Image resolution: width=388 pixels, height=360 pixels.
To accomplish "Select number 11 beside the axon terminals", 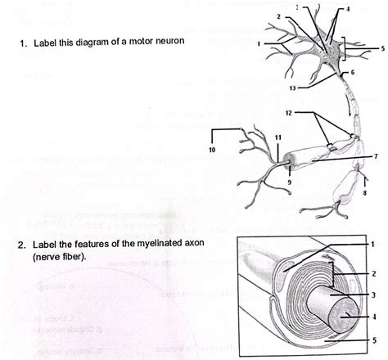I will pyautogui.click(x=278, y=136).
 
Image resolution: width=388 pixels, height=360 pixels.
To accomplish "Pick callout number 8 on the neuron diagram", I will pyautogui.click(x=363, y=194).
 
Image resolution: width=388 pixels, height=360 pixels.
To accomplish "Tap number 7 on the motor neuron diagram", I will pyautogui.click(x=375, y=155).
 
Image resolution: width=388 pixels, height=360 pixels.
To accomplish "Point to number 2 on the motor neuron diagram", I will pyautogui.click(x=279, y=16).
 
